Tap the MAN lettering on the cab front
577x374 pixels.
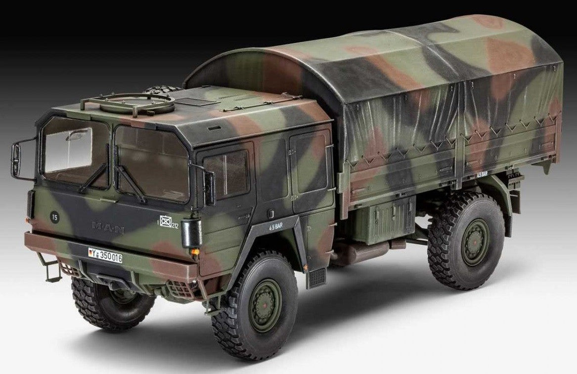coord(108,227)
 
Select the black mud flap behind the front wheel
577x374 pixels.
coord(316,277)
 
